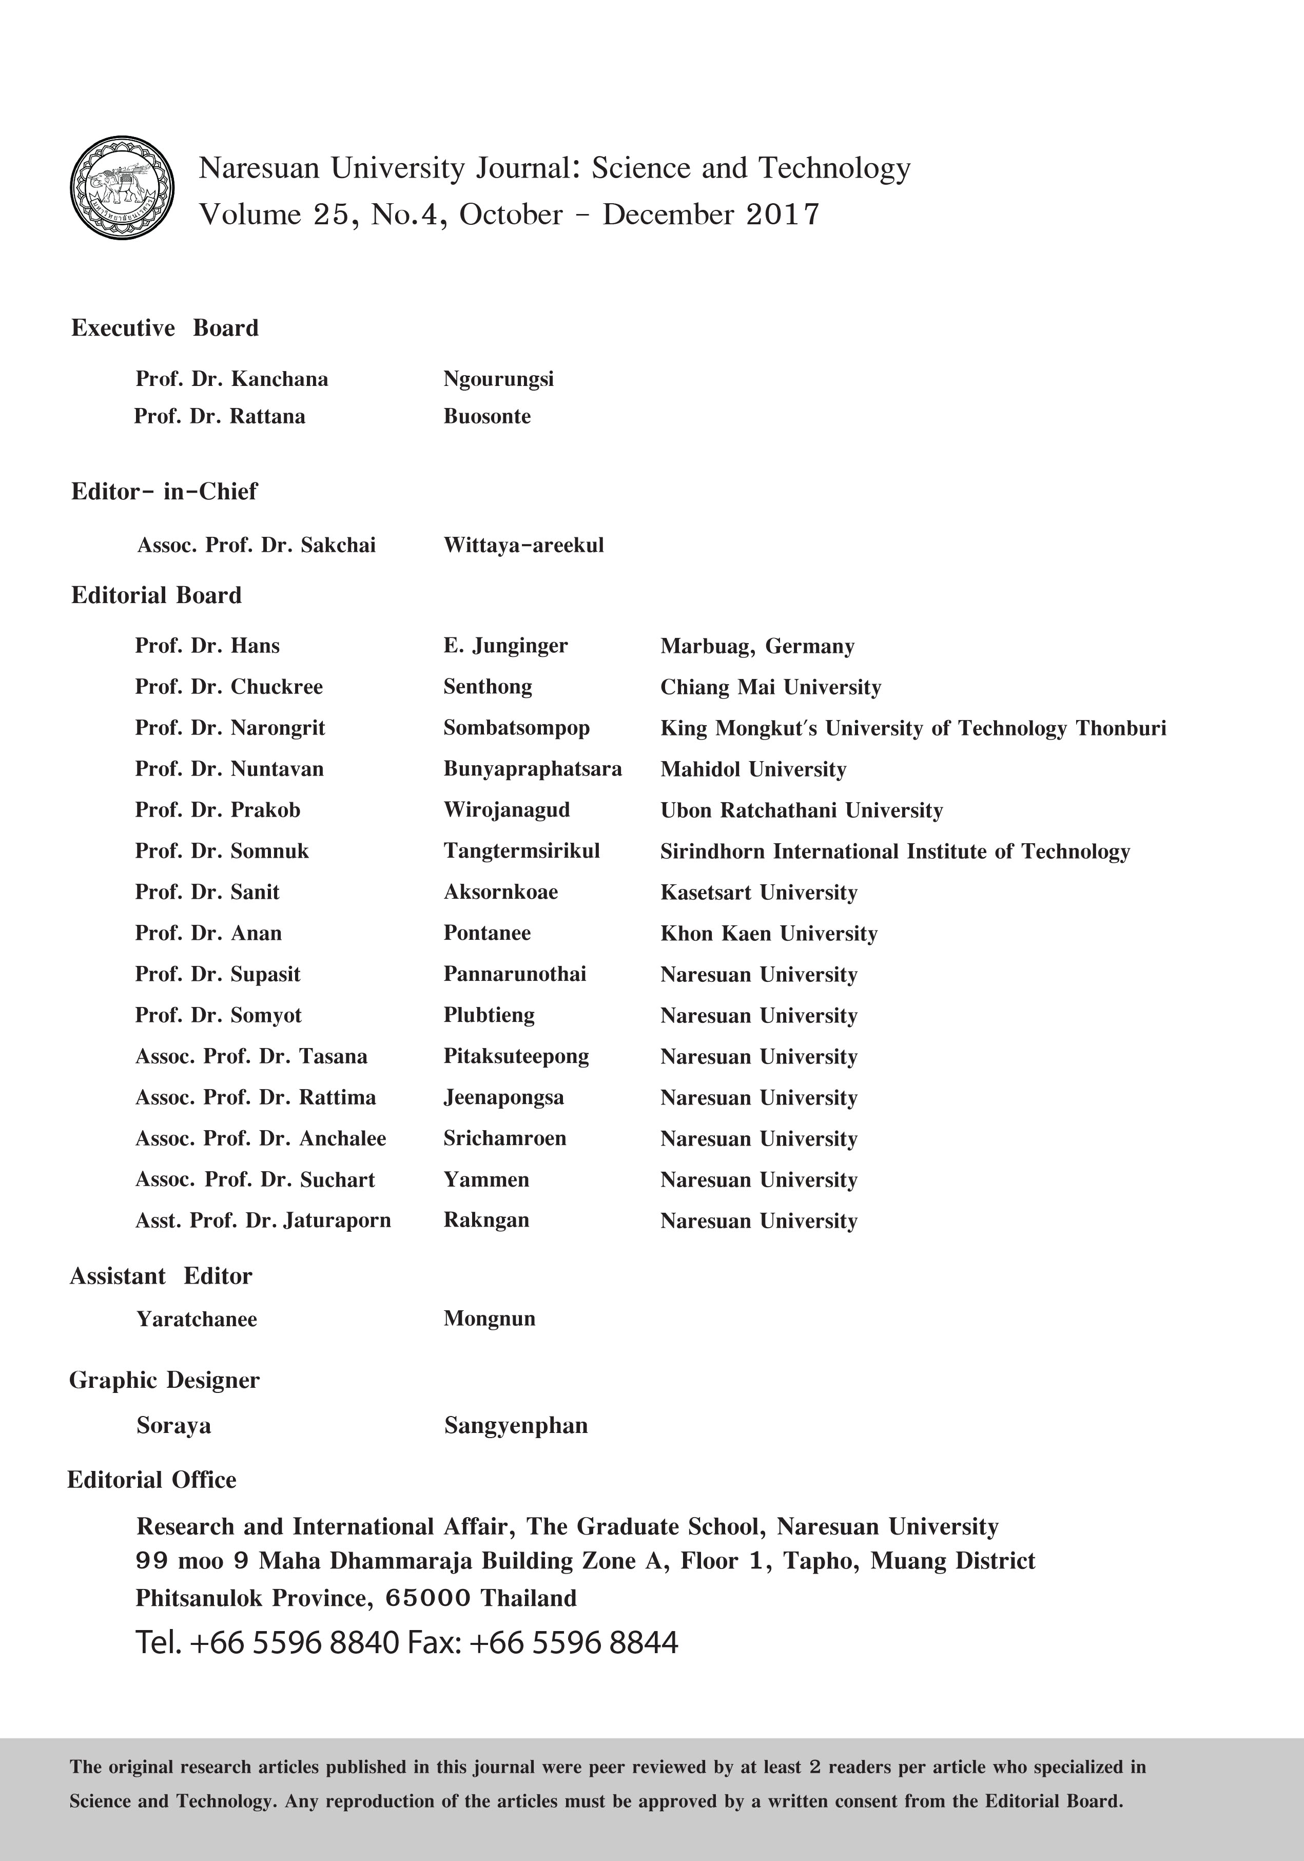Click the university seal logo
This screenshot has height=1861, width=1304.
(x=122, y=187)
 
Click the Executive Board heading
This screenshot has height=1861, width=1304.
(x=165, y=328)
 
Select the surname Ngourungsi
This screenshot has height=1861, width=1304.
(x=498, y=379)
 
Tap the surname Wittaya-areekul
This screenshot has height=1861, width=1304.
(x=523, y=546)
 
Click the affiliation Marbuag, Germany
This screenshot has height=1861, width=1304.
(x=757, y=647)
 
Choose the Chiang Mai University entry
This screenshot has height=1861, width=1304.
(x=770, y=687)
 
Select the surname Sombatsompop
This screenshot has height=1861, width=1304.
(x=516, y=728)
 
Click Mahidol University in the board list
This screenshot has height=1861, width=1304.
(x=753, y=769)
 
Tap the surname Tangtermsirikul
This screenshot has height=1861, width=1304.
(x=521, y=851)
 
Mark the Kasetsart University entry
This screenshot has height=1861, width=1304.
(x=758, y=893)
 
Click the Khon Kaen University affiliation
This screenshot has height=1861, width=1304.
(x=768, y=934)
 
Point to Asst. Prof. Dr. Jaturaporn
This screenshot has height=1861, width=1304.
(x=263, y=1220)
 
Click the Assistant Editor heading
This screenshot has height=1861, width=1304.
(x=161, y=1276)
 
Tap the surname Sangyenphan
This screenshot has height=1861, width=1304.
(x=515, y=1426)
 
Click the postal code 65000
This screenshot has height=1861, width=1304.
(x=428, y=1598)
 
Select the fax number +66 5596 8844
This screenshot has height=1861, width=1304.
(x=573, y=1643)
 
